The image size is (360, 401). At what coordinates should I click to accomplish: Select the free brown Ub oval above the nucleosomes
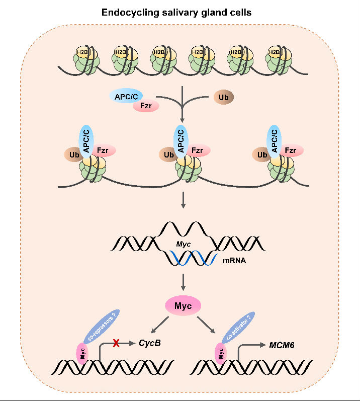tap(224, 97)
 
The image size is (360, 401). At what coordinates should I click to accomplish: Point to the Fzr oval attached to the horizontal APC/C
tap(145, 106)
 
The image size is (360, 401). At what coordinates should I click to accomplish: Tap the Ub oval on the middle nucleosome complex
tap(167, 155)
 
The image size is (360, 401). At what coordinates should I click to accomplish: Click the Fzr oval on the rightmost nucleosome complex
tap(290, 150)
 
